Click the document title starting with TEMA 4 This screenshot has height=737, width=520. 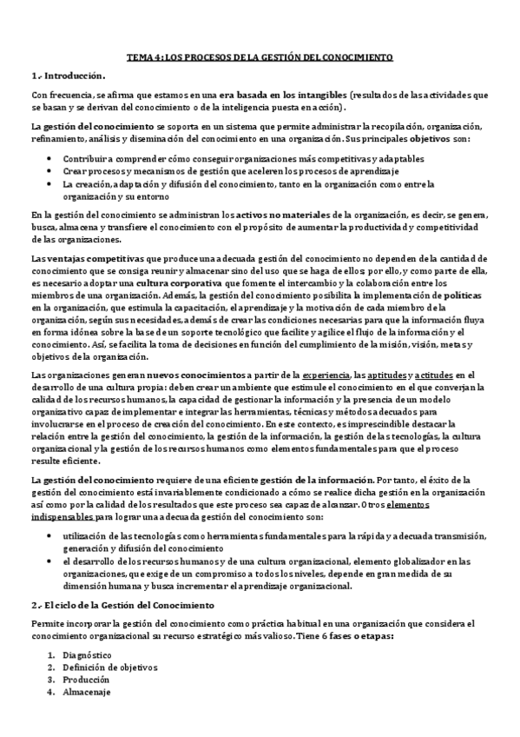pyautogui.click(x=260, y=57)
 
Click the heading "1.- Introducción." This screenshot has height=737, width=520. pyautogui.click(x=69, y=76)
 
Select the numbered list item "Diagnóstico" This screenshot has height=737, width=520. pyautogui.click(x=88, y=654)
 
